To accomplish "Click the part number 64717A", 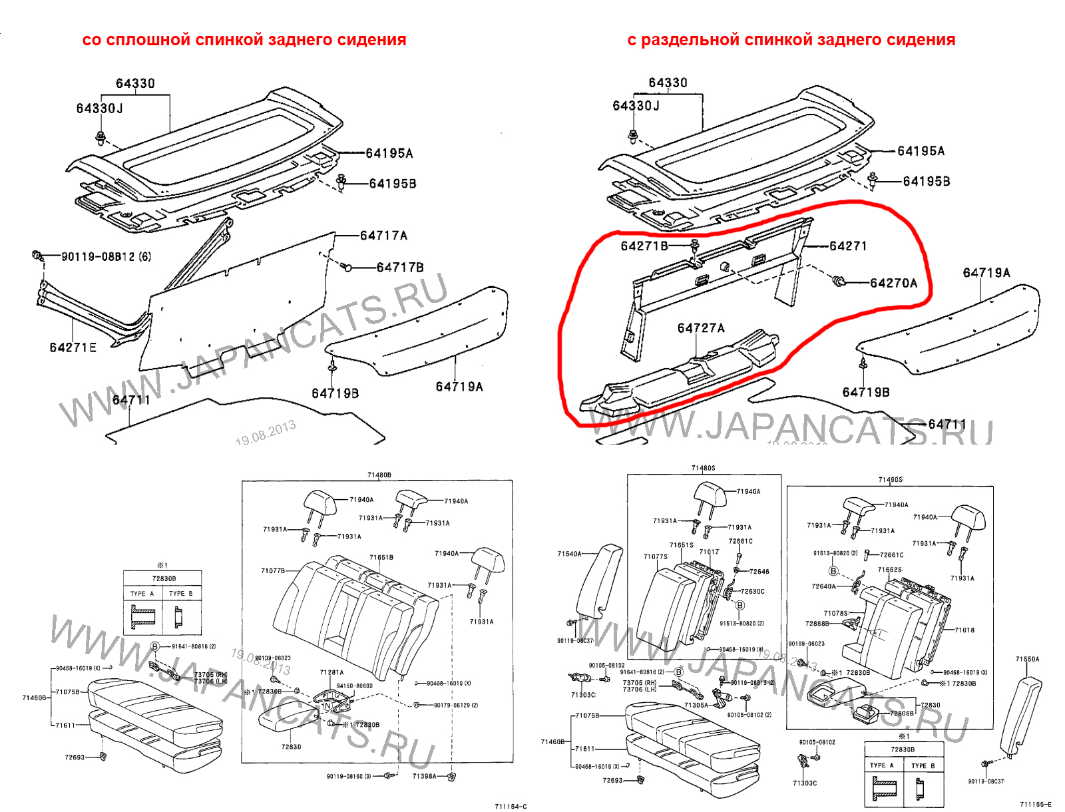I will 383,236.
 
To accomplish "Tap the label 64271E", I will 73,347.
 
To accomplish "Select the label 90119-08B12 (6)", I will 106,257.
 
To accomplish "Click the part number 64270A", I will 893,284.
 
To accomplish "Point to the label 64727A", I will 701,328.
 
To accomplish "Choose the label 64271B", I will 644,246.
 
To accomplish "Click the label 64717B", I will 400,268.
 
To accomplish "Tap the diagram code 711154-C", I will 511,807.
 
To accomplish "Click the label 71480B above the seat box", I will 379,475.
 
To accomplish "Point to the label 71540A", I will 569,554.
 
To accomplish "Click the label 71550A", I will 1027,659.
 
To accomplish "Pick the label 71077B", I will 273,570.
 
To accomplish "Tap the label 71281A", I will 331,672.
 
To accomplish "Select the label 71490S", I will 890,479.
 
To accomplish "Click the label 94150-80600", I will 354,686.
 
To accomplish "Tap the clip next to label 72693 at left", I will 103,756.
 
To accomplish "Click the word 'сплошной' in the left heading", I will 148,40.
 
